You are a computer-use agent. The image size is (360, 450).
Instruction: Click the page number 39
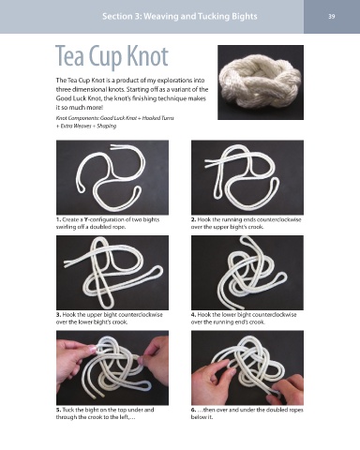point(332,16)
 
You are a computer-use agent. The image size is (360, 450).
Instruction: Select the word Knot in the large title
point(148,56)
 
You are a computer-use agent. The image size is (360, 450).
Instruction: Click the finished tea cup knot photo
point(261,82)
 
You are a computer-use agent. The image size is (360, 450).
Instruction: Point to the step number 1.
point(58,219)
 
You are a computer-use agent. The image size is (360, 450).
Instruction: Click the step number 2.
point(193,219)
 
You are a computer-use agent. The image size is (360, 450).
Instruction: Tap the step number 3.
point(58,315)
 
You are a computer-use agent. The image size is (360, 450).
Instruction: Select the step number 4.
point(193,315)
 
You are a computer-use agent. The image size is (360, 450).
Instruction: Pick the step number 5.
point(58,410)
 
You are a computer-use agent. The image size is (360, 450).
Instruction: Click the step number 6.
point(193,410)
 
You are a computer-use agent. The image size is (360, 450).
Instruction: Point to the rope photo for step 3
point(112,273)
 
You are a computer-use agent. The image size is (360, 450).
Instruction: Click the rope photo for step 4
point(247,273)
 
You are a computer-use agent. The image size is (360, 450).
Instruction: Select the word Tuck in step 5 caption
point(67,410)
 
